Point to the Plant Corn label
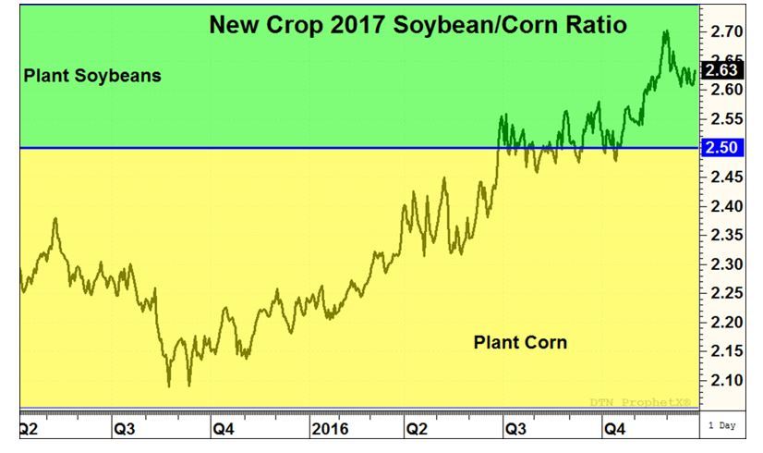click(520, 343)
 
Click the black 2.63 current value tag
click(720, 70)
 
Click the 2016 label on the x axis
click(329, 429)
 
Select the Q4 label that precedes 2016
click(224, 429)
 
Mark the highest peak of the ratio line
click(665, 31)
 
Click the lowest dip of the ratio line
click(168, 386)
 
